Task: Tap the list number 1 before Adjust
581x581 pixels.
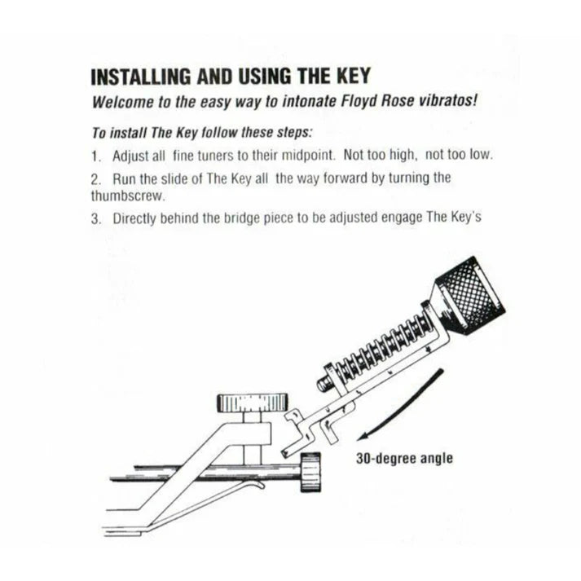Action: (x=95, y=155)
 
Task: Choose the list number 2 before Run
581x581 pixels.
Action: (x=95, y=177)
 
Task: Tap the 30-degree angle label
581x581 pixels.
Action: (x=405, y=458)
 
